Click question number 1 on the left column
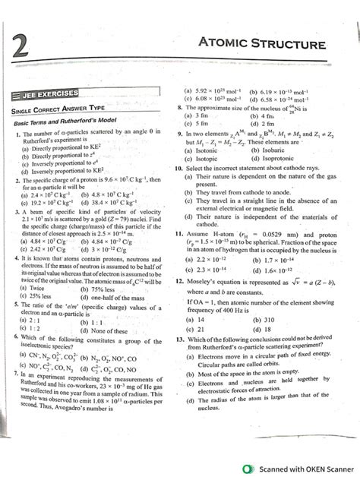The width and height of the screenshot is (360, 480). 17,133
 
